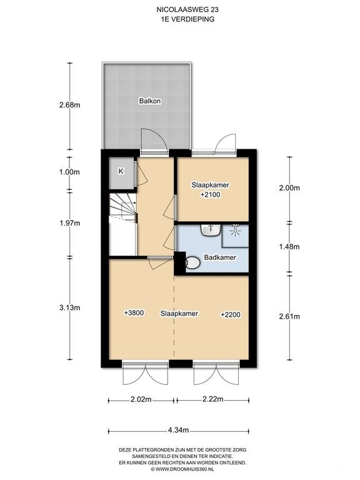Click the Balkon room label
[x=147, y=101]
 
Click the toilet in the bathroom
[x=192, y=264]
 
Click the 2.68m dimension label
[x=69, y=105]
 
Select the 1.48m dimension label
[x=289, y=247]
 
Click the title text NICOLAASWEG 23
[x=180, y=10]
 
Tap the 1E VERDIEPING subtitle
[x=180, y=19]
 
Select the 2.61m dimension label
[x=289, y=316]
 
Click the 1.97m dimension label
[x=69, y=223]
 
